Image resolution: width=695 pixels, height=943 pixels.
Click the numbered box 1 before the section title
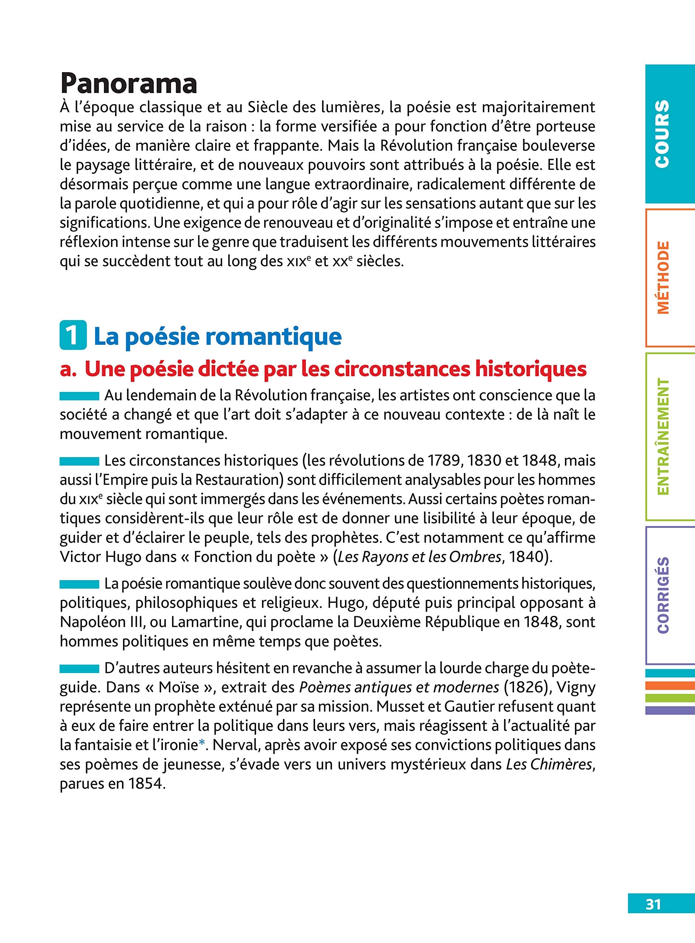(x=73, y=336)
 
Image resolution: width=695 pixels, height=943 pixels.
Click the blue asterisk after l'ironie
(x=202, y=745)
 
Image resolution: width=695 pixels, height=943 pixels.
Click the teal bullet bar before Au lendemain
(x=79, y=396)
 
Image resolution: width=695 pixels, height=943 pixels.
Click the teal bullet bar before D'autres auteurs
(x=79, y=669)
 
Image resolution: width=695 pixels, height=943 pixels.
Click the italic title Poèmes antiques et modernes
(x=399, y=687)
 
